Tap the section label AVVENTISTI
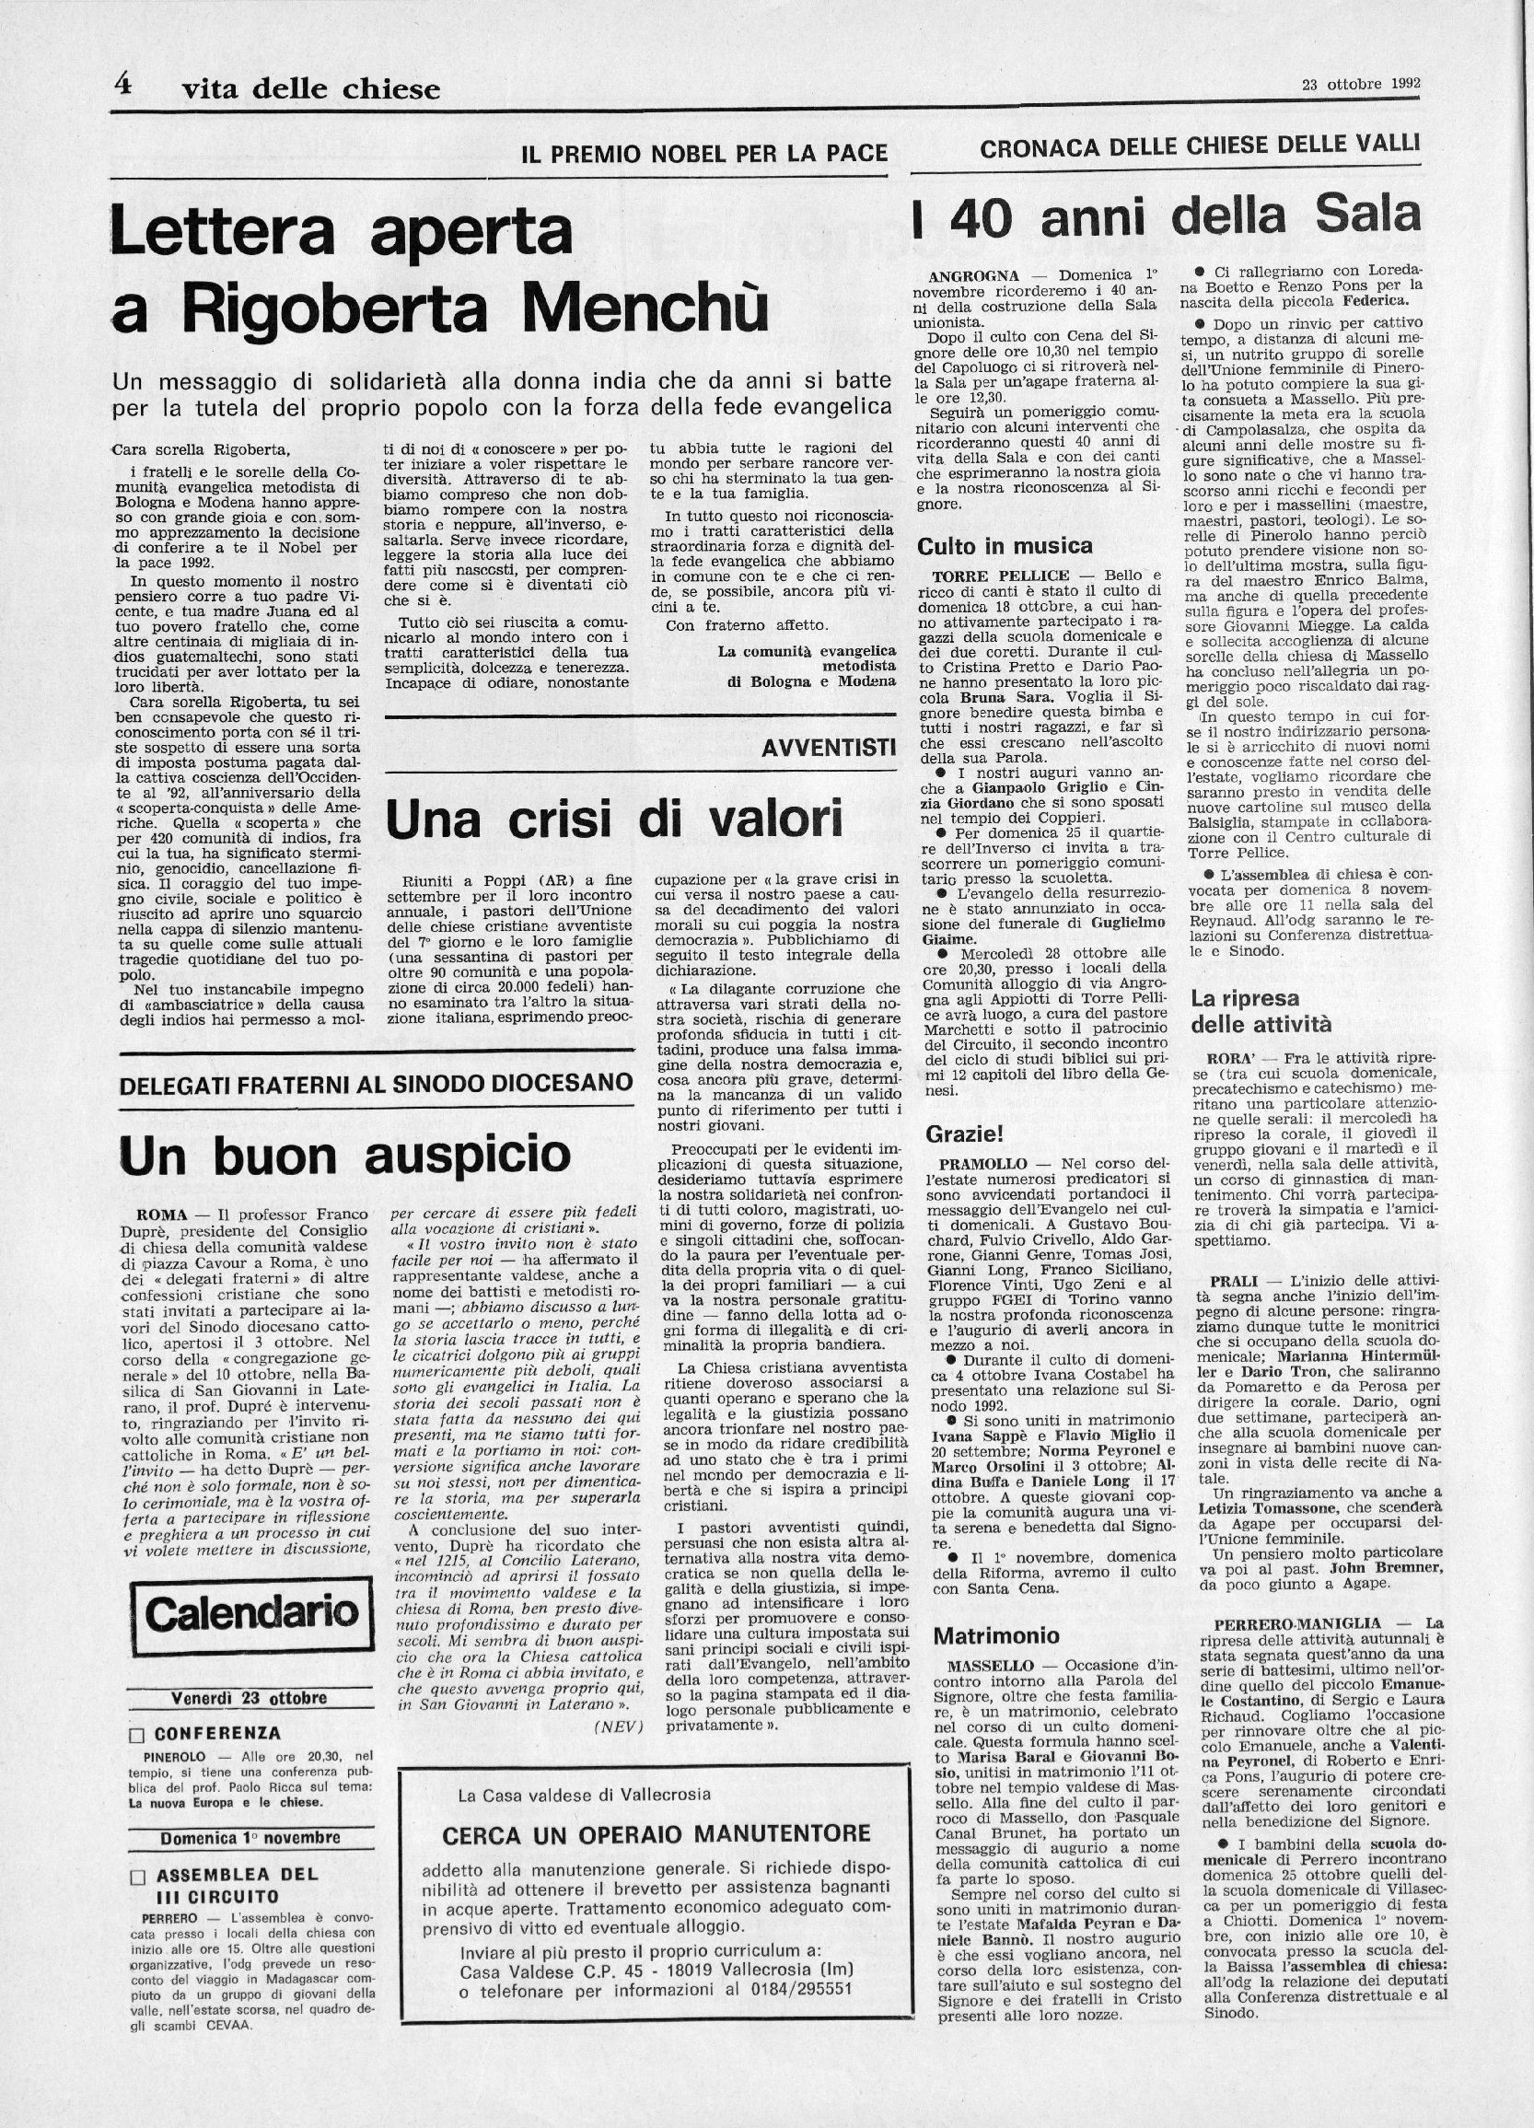click(828, 747)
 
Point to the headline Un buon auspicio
click(344, 1155)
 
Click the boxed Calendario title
click(252, 1612)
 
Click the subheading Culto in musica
click(1004, 546)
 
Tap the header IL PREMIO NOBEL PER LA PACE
click(703, 152)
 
